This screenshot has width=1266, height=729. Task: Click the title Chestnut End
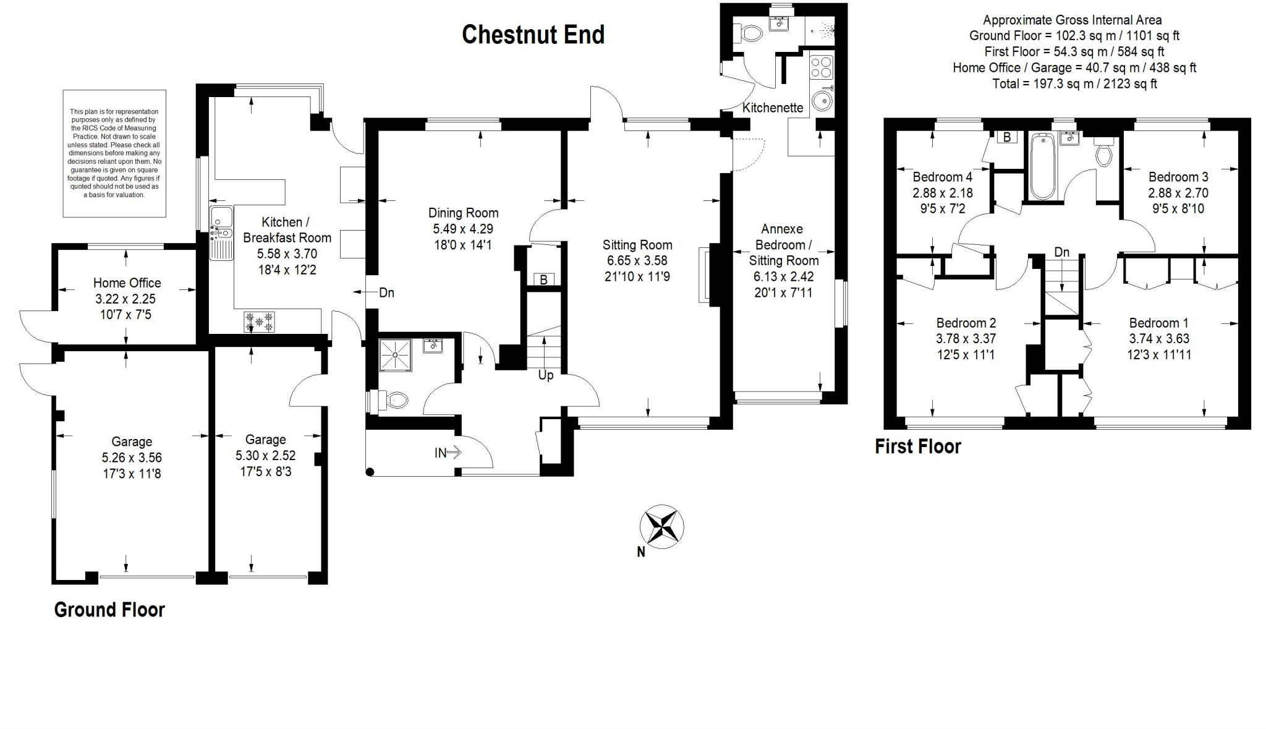533,35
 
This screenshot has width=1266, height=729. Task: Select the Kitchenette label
773,108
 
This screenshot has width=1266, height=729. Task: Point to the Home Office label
127,283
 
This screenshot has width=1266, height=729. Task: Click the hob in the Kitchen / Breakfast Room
260,322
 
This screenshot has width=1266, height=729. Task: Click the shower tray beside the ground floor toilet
394,354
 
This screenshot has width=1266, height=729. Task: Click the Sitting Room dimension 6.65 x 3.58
637,260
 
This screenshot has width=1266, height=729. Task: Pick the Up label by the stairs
546,375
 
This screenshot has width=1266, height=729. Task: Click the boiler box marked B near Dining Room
543,279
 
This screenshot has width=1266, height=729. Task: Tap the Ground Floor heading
109,610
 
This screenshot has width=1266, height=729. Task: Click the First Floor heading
918,446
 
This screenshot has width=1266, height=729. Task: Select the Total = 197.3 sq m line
1074,83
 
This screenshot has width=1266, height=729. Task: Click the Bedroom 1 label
1158,323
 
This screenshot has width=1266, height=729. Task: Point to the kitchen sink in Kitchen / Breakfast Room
221,232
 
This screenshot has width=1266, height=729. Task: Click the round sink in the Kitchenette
822,100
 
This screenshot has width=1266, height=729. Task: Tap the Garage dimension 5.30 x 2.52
265,456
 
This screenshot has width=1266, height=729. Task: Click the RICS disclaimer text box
114,153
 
